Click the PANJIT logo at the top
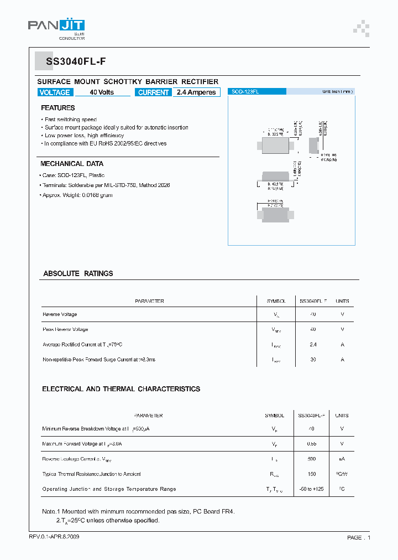click(x=56, y=28)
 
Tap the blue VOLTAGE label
click(x=55, y=92)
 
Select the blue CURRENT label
click(x=154, y=92)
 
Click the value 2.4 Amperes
click(x=196, y=92)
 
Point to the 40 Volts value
click(x=102, y=92)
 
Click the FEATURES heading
click(x=57, y=108)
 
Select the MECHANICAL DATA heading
click(x=72, y=164)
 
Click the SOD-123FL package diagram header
click(x=245, y=92)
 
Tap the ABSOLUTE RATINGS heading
click(x=78, y=273)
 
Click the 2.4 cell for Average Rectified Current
click(x=313, y=344)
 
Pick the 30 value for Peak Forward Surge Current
click(x=313, y=360)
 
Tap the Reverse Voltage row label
click(x=60, y=314)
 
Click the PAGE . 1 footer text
click(x=359, y=537)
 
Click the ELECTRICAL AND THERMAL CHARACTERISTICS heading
click(x=121, y=389)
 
